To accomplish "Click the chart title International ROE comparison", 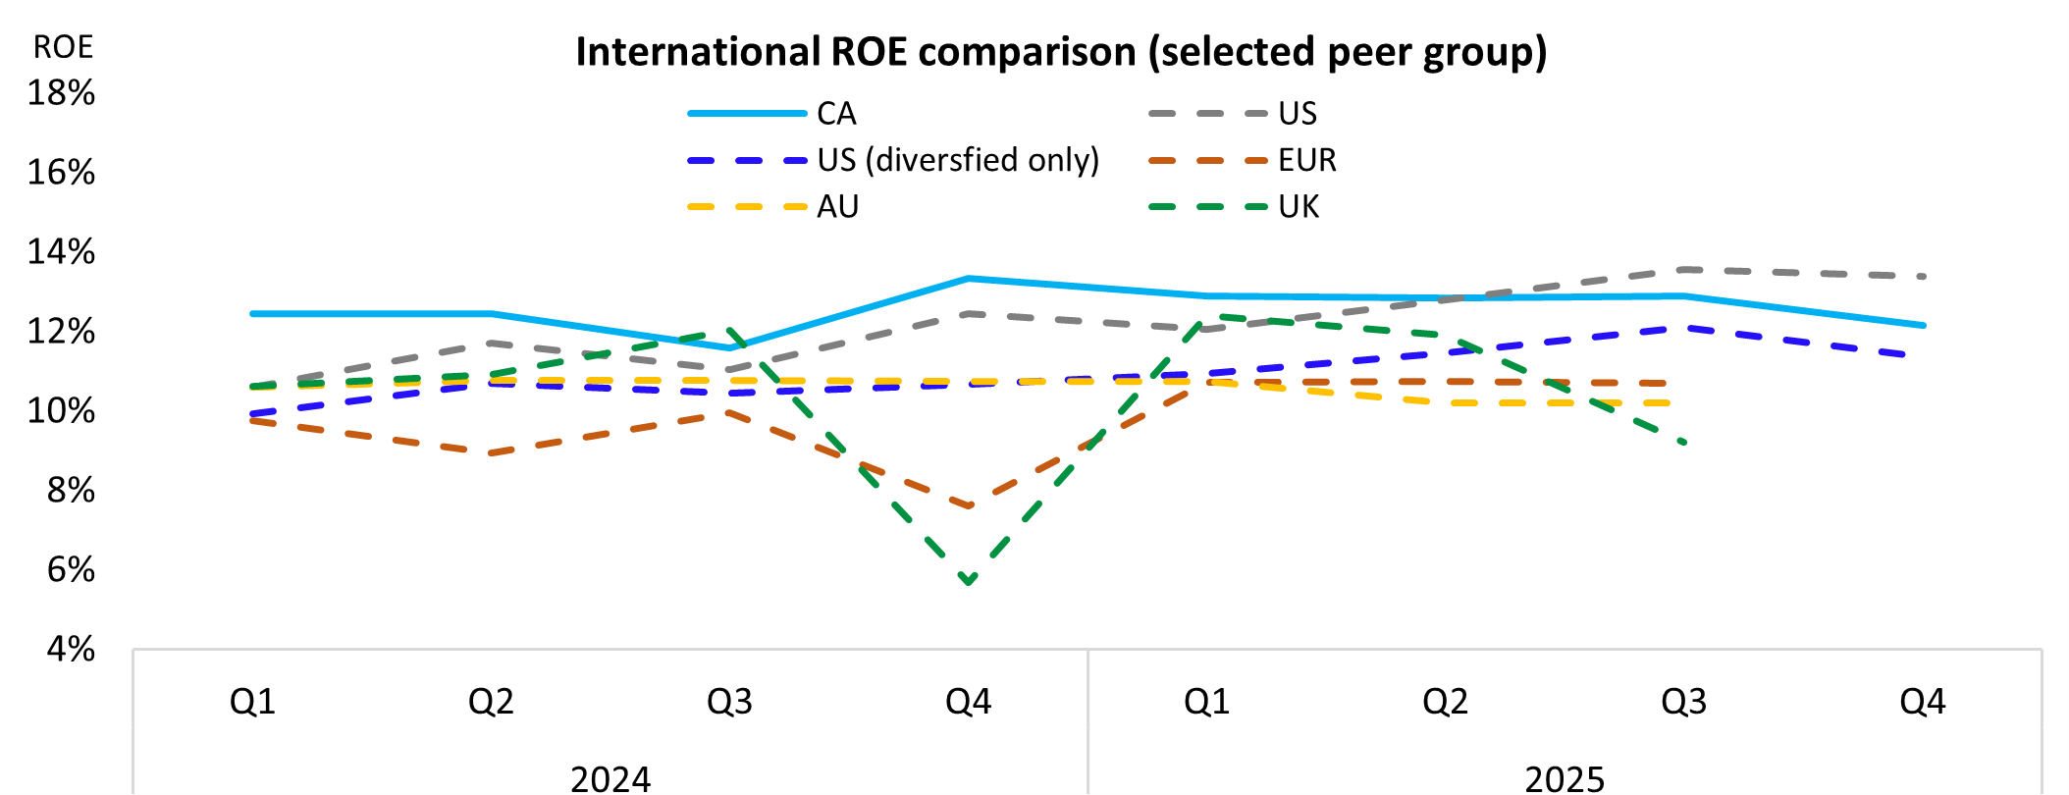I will click(1060, 52).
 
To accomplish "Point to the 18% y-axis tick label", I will click(61, 93).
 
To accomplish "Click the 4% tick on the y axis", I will click(71, 649).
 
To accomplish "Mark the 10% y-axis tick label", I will click(61, 410).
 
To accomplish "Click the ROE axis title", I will click(63, 47).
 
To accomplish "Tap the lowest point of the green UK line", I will click(969, 582).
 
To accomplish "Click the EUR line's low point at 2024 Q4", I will click(969, 506).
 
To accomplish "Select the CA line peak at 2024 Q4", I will click(969, 279).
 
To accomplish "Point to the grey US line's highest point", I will click(1683, 269).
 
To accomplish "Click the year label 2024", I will click(610, 779).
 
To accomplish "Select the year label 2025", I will click(1565, 779).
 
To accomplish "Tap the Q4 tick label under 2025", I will click(1922, 702).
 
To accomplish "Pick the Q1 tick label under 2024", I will click(252, 702).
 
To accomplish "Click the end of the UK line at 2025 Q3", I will click(1684, 443).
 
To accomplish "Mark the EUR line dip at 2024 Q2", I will click(491, 453).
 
